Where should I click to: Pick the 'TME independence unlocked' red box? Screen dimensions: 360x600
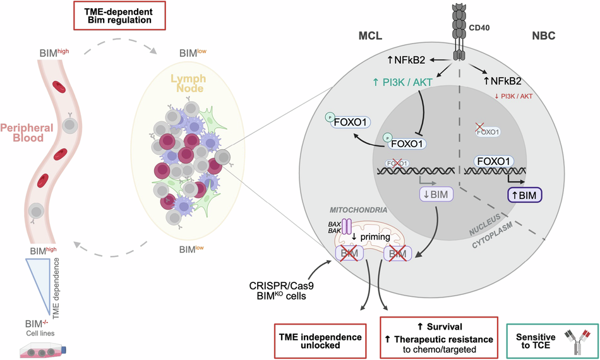(320, 338)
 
